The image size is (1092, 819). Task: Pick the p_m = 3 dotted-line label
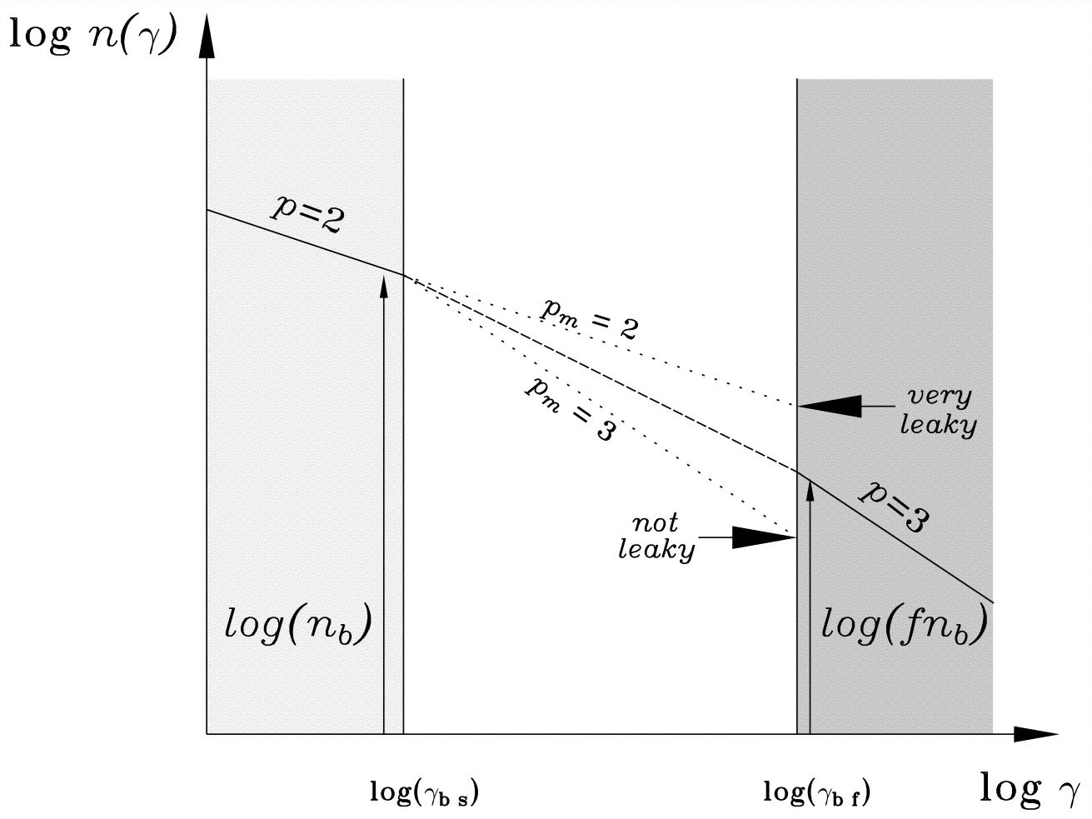[x=570, y=408]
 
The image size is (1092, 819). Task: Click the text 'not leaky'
[x=656, y=537]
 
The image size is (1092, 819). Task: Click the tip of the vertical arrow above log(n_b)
[x=384, y=280]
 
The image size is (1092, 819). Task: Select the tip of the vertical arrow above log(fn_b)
[x=810, y=481]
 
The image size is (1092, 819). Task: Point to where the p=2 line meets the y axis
[x=207, y=211]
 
